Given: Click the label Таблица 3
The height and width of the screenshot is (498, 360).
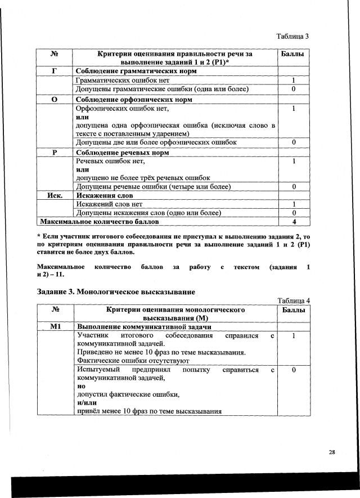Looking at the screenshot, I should click(292, 37).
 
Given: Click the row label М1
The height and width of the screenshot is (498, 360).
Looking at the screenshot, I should click(55, 327).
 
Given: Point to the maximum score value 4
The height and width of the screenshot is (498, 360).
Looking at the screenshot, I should click(294, 222).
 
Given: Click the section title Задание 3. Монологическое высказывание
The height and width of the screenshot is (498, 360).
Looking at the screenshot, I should click(116, 292).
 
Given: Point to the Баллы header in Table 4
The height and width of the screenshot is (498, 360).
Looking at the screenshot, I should click(294, 310).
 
